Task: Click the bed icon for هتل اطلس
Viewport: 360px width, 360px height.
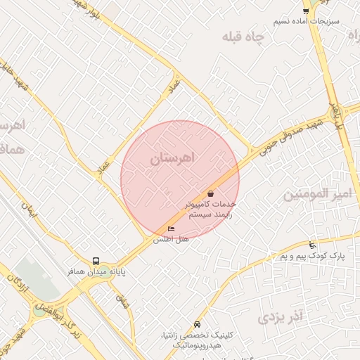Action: tap(172, 229)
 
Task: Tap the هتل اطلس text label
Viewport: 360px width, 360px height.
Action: tap(172, 240)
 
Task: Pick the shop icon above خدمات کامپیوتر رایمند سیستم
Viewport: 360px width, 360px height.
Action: tap(211, 193)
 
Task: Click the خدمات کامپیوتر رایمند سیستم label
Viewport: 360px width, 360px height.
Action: tap(208, 209)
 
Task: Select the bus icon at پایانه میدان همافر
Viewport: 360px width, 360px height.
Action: tap(96, 260)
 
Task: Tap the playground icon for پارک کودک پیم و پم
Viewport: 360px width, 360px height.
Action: tap(312, 245)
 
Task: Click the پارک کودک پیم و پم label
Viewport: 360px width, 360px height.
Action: tap(312, 257)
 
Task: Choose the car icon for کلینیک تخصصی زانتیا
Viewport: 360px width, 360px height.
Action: tap(197, 324)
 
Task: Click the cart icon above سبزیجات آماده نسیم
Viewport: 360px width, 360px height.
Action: tap(305, 10)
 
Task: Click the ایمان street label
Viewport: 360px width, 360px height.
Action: tap(28, 208)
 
